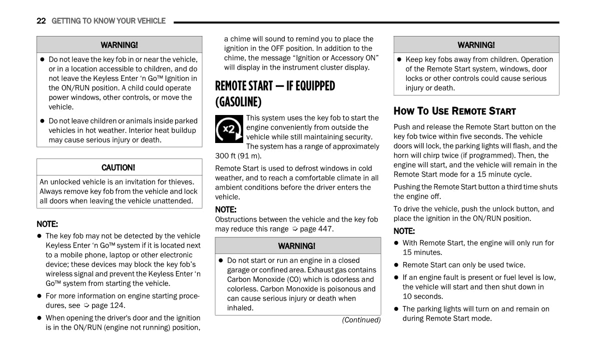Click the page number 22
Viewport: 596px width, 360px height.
pos(41,21)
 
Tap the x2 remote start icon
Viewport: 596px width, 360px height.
pos(229,129)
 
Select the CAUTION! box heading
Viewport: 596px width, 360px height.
pos(118,167)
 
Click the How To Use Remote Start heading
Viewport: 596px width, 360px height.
pos(454,111)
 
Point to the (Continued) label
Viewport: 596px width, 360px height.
pos(361,320)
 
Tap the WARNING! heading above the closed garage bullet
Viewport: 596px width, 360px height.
pos(297,246)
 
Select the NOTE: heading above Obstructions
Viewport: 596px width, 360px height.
pos(226,209)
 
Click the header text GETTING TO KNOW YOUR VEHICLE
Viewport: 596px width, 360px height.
pos(109,21)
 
